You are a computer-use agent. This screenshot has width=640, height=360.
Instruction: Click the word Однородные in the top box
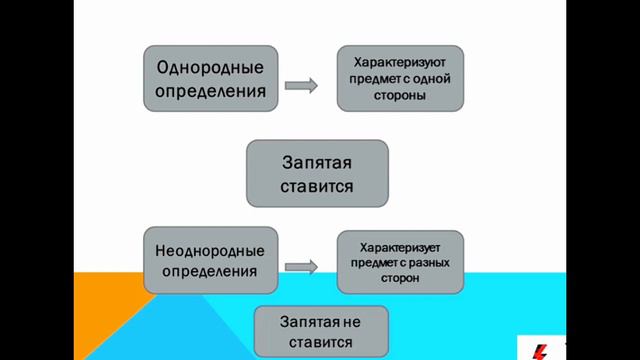[210, 68]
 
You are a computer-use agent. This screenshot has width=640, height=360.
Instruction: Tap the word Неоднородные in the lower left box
[210, 249]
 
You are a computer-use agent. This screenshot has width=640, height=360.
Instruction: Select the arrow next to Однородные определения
[300, 86]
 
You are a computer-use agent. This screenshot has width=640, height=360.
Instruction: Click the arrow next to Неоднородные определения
[300, 266]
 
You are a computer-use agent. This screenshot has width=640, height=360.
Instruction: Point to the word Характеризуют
[399, 59]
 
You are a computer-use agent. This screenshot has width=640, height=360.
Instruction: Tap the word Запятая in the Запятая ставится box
[317, 160]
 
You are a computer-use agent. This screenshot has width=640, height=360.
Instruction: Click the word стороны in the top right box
[399, 96]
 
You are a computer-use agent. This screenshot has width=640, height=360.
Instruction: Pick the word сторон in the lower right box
[399, 279]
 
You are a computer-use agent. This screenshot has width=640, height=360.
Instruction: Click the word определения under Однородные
[210, 92]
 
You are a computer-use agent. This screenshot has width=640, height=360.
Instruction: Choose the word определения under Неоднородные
[210, 271]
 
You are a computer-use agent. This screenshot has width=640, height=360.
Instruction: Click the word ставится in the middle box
[317, 186]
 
